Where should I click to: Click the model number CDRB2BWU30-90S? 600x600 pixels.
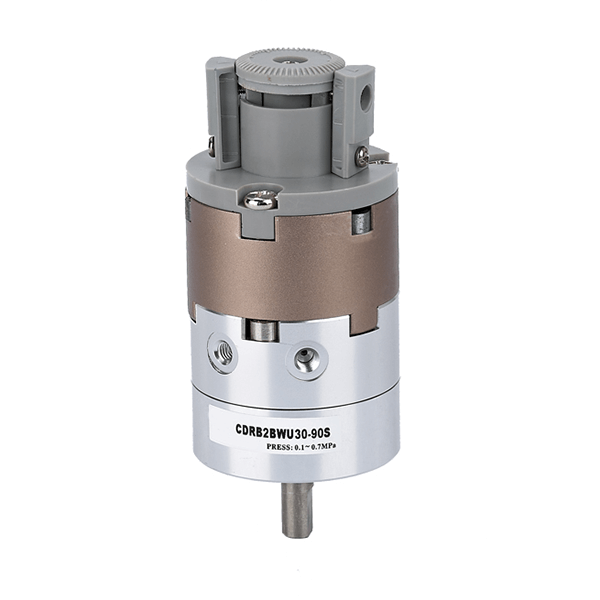point(283,433)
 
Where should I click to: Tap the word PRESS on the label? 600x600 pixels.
point(278,447)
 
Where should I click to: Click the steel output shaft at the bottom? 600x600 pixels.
point(297,509)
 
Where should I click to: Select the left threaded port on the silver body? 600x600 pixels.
point(222,353)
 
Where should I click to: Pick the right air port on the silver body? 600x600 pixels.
point(309,359)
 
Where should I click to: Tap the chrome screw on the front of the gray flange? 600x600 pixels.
point(261,201)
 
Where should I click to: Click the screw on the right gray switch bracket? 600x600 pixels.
point(362,156)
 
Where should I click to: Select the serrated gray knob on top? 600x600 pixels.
point(290,67)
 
